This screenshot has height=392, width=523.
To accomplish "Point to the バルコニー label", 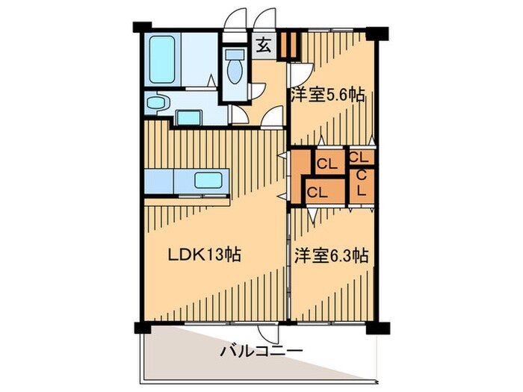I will pos(260,351).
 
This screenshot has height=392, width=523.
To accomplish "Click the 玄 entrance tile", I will pos(264,46).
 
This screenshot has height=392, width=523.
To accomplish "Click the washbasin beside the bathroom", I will pos(158,102).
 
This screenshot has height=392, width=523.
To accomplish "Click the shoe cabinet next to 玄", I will pos(289,46).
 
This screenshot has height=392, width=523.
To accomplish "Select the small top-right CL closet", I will pos(359,158).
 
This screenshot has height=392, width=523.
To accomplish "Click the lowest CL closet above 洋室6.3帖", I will pos(318,191).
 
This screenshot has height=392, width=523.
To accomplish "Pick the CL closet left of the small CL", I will pos(326,161).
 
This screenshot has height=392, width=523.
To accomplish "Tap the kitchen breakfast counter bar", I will pos(187,202).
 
